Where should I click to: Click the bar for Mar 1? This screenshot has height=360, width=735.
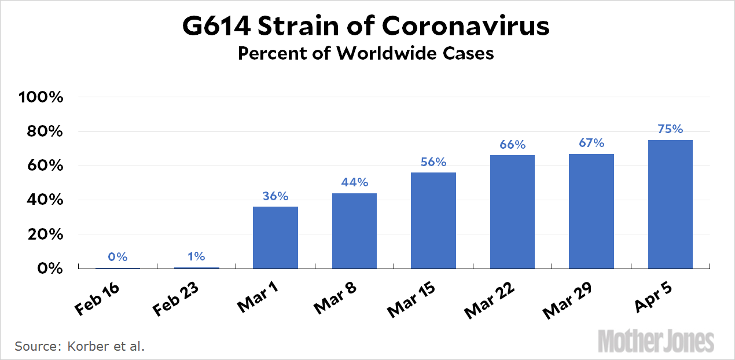coord(275,237)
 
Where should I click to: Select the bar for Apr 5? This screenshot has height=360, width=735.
coord(670,204)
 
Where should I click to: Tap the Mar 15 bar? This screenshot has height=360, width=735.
coord(433,221)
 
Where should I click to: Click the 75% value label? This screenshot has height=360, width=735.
coord(670,129)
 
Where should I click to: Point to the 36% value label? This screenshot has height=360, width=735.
coord(275,196)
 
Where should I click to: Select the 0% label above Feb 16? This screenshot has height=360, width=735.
coord(117,257)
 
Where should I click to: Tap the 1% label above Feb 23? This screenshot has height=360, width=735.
coord(197,256)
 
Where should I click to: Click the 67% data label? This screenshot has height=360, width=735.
coord(591,143)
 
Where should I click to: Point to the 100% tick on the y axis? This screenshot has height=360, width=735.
coord(41,97)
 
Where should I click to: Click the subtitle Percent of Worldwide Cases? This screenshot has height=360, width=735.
coord(366,53)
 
